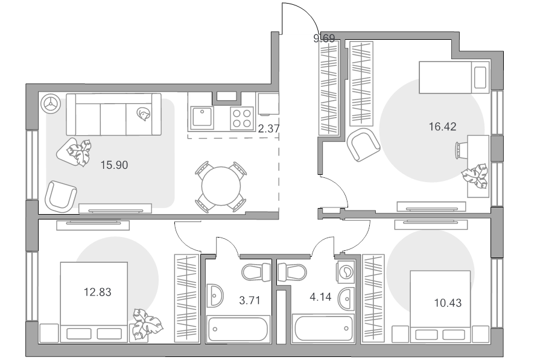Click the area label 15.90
pyautogui.click(x=114, y=165)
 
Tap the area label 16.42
pyautogui.click(x=443, y=127)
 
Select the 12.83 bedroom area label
pyautogui.click(x=98, y=292)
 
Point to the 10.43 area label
pyautogui.click(x=448, y=303)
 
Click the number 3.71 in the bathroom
pyautogui.click(x=250, y=300)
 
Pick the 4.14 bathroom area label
pyautogui.click(x=320, y=297)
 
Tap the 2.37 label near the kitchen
pyautogui.click(x=268, y=128)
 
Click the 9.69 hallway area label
pyautogui.click(x=324, y=38)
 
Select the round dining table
pyautogui.click(x=221, y=186)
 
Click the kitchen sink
pyautogui.click(x=202, y=118)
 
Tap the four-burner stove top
pyautogui.click(x=242, y=118)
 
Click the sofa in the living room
pyautogui.click(x=113, y=114)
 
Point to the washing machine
pyautogui.click(x=345, y=271)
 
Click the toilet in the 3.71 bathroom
pyautogui.click(x=256, y=272)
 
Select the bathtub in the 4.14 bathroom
pyautogui.click(x=323, y=328)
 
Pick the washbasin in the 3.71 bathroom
pyautogui.click(x=215, y=295)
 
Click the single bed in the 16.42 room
pyautogui.click(x=454, y=78)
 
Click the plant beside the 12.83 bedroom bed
pyautogui.click(x=147, y=324)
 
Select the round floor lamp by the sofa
pyautogui.click(x=51, y=103)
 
